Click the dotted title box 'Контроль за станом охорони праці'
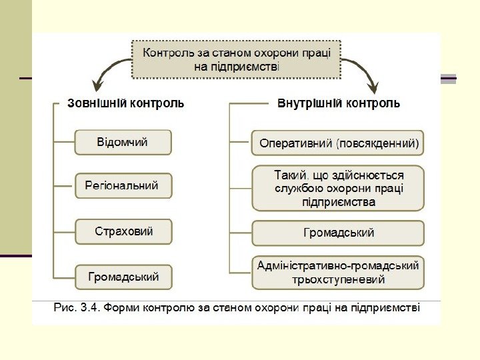[x=236, y=57]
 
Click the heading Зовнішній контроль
[x=126, y=104]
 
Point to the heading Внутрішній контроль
[x=339, y=104]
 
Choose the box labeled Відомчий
[x=123, y=142]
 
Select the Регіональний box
[x=123, y=186]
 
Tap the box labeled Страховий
[x=123, y=231]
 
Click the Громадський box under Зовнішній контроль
[x=123, y=277]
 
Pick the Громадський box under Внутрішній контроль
[x=338, y=233]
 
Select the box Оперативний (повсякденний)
[x=338, y=143]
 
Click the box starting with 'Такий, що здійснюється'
[x=338, y=188]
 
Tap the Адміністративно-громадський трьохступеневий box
[x=338, y=273]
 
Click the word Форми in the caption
[x=122, y=308]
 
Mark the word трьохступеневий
[x=338, y=280]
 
